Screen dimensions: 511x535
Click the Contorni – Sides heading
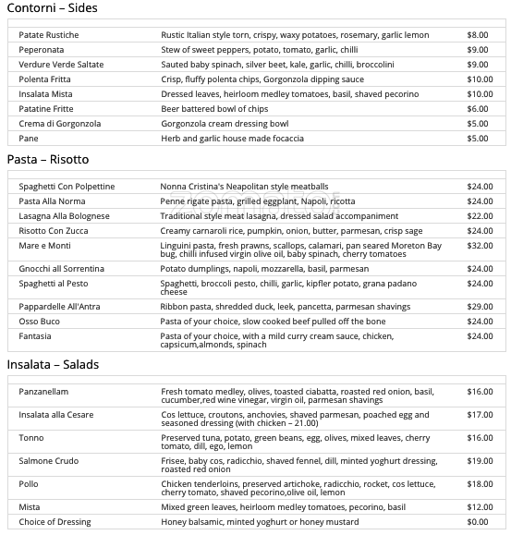point(52,8)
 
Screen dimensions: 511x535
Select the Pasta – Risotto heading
point(48,160)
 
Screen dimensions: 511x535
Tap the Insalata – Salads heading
point(53,365)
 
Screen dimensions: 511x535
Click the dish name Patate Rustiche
point(49,35)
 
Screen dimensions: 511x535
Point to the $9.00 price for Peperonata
point(478,50)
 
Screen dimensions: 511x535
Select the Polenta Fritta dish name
point(46,79)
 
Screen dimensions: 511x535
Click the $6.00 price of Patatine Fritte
point(478,109)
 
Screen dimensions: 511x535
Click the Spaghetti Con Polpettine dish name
point(67,187)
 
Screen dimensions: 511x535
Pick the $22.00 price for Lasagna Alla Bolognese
point(480,216)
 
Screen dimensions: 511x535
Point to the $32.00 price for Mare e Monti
point(480,246)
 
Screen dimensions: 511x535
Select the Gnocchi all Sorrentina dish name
point(62,269)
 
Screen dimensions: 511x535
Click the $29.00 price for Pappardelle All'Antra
point(480,307)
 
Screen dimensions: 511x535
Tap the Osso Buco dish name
point(40,322)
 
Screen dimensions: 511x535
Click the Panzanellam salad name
point(43,392)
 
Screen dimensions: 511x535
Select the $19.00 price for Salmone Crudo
point(480,461)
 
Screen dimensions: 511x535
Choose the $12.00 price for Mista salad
point(480,507)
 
